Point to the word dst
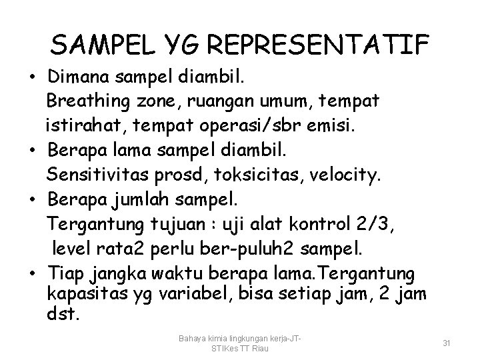(x=63, y=313)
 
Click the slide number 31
(x=447, y=343)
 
